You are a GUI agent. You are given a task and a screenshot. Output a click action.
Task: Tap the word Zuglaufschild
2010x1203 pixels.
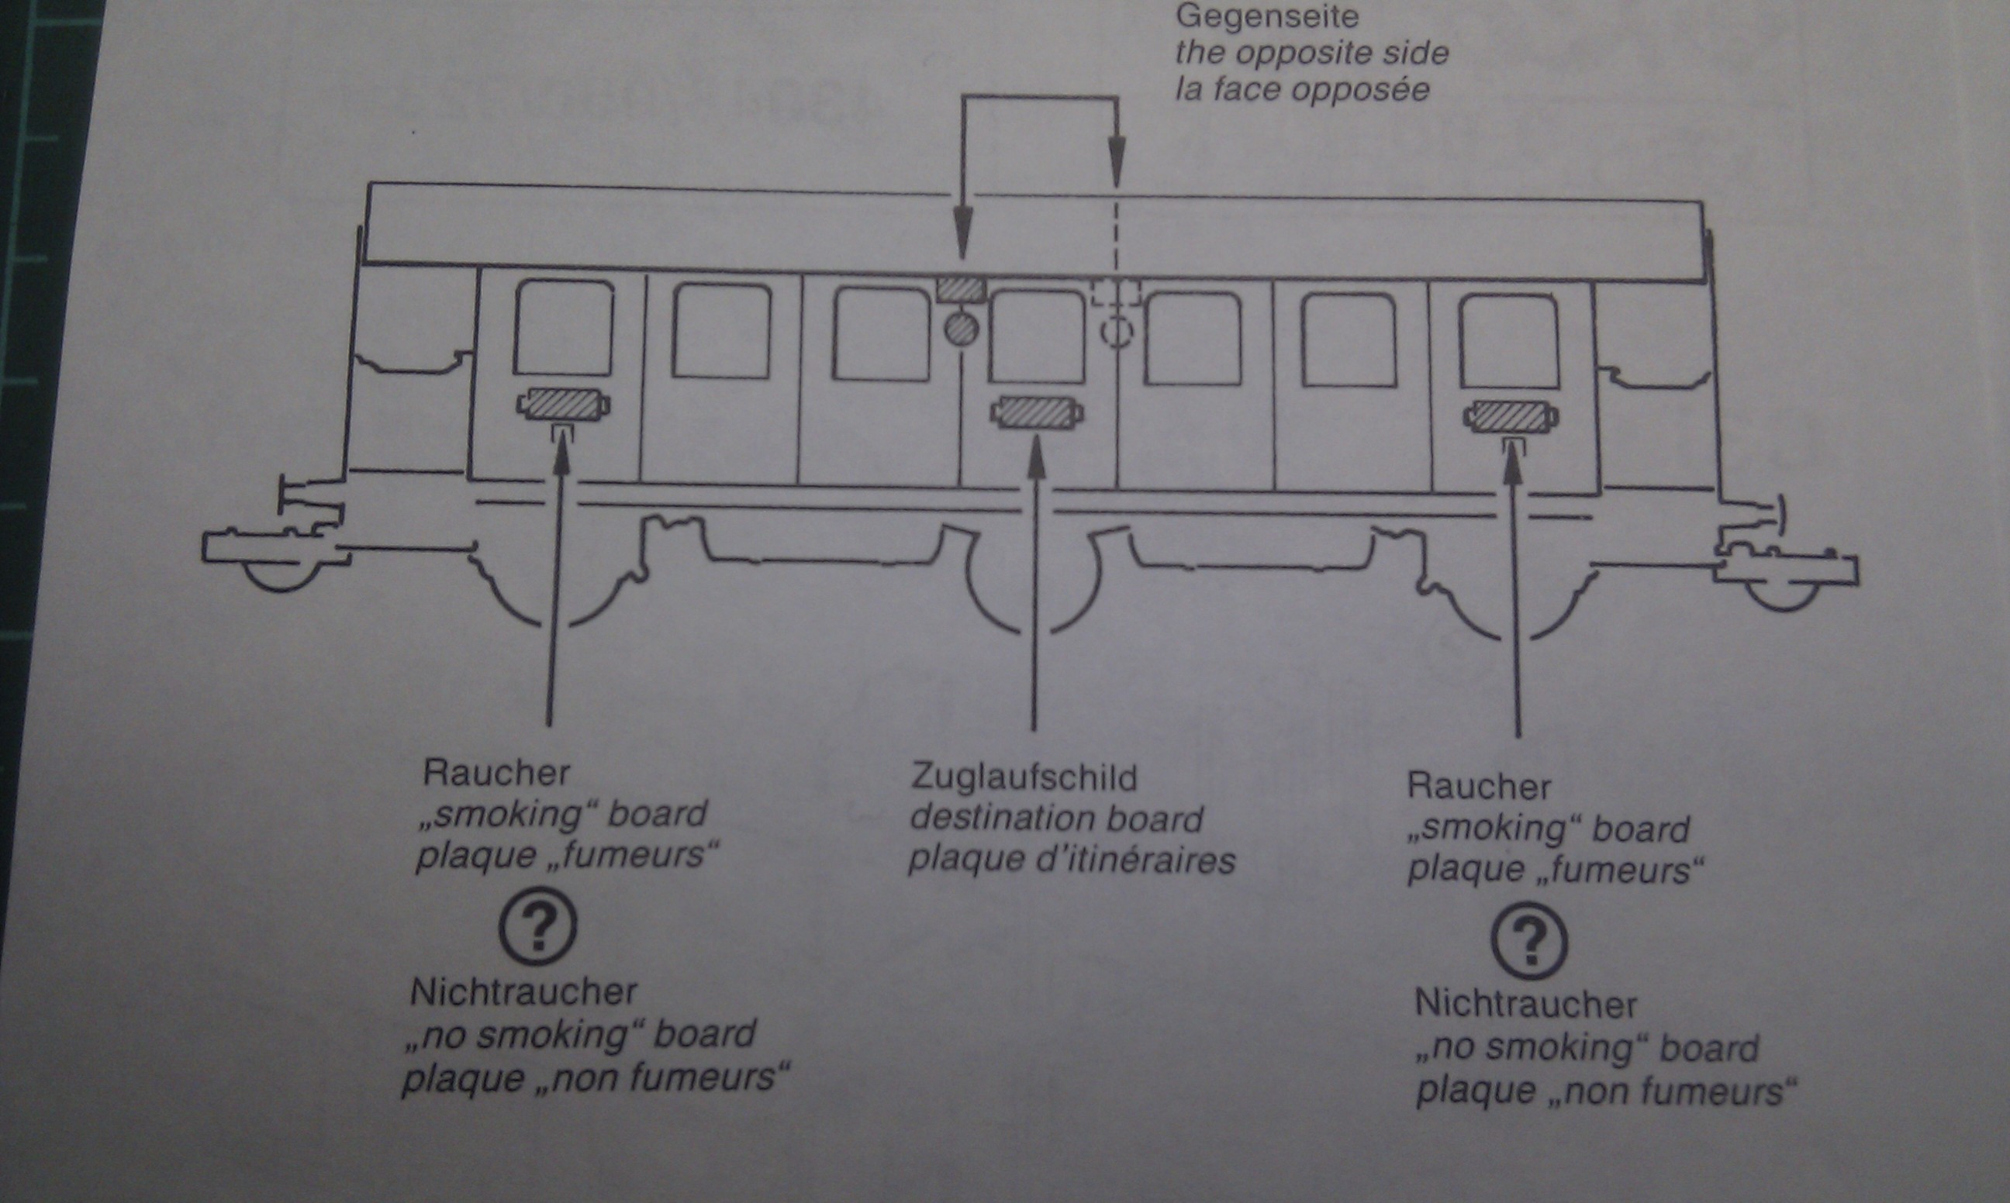[x=1024, y=777]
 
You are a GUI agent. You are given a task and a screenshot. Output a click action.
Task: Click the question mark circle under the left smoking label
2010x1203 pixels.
[x=538, y=926]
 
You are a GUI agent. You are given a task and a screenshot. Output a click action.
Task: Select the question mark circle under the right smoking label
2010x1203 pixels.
[x=1529, y=940]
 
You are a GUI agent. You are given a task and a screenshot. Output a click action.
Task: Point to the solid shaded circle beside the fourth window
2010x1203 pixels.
[x=962, y=329]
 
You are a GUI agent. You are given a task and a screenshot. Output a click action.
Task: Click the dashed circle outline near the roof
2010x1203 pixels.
[x=1117, y=332]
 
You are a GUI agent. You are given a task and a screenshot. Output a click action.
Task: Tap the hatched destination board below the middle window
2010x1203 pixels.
[x=1036, y=412]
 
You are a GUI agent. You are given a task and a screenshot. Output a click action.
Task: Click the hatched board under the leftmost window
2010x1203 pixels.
[x=564, y=405]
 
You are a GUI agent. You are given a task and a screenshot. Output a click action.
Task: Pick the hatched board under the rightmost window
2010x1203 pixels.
[x=1510, y=417]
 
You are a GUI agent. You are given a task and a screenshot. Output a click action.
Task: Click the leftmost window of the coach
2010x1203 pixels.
[x=564, y=328]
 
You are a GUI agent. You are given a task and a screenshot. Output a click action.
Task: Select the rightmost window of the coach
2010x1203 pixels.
[x=1508, y=341]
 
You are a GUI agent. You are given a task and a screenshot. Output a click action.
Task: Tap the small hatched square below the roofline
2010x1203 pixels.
[x=962, y=289]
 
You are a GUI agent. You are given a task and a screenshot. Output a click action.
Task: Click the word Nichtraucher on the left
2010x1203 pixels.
[x=523, y=992]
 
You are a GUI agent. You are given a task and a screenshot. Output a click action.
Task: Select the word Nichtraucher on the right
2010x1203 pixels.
[x=1526, y=1005]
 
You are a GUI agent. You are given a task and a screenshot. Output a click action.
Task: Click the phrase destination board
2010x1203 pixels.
[x=1056, y=819]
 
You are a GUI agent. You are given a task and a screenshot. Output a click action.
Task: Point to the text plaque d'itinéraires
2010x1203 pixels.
[x=1071, y=860]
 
